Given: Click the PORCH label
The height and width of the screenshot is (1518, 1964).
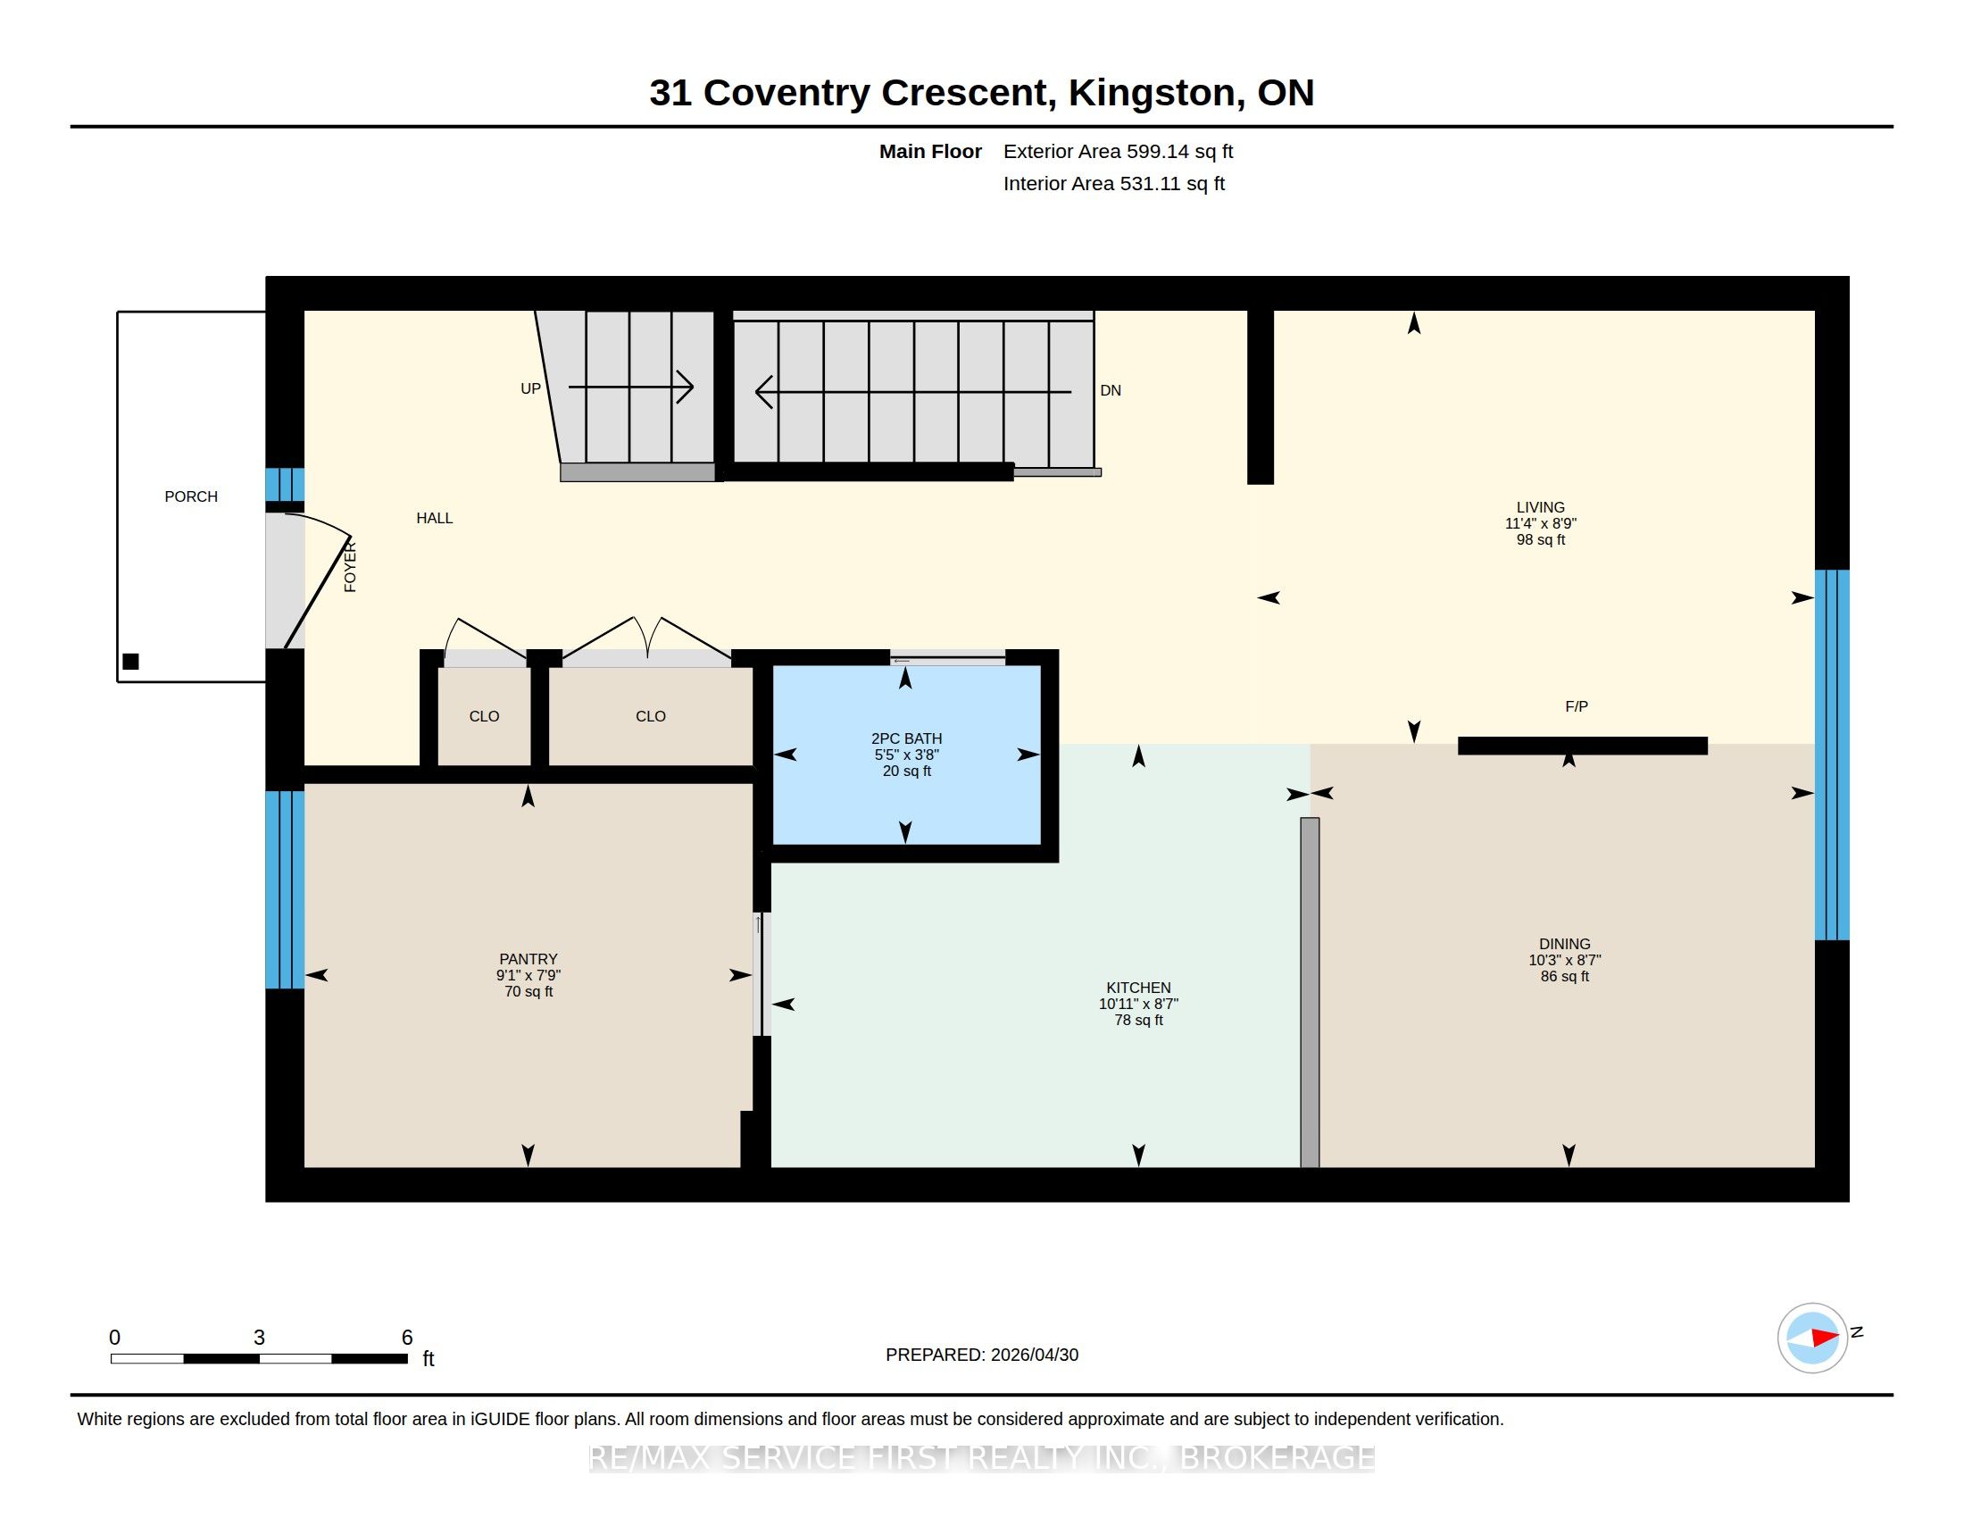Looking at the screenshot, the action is click(x=191, y=496).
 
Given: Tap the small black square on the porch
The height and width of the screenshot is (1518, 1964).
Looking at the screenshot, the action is click(x=130, y=662).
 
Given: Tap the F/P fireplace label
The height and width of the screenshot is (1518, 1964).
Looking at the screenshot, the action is click(x=1577, y=707).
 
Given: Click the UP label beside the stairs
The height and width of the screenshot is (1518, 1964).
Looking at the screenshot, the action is click(x=530, y=388).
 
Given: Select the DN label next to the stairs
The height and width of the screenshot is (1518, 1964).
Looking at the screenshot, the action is click(x=1111, y=390).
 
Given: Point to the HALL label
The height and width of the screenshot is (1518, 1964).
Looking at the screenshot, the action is click(x=435, y=518).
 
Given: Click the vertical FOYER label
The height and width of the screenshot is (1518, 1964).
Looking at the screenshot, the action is click(x=351, y=566).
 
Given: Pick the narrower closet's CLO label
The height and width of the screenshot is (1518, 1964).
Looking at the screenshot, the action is click(x=484, y=716).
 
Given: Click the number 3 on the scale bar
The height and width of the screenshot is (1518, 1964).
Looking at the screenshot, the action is click(x=259, y=1338).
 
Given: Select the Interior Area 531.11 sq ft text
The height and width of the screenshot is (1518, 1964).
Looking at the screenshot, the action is click(x=1114, y=183).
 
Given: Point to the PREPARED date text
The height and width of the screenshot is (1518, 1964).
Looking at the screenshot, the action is click(x=982, y=1355).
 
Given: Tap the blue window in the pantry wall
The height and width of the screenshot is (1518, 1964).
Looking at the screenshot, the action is click(x=285, y=889).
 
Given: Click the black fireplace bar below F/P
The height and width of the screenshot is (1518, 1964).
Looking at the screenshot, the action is click(x=1583, y=746).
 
